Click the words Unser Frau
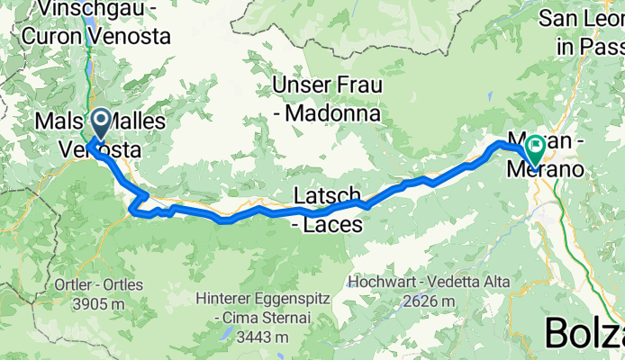point(328,86)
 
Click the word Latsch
point(329,195)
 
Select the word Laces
point(336,223)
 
